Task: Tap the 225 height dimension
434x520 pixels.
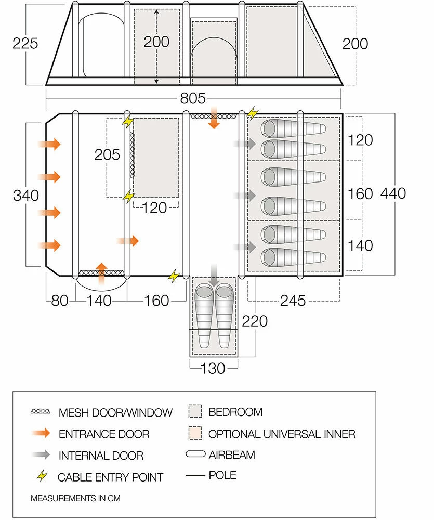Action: tap(25, 43)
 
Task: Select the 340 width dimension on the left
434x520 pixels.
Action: tap(26, 196)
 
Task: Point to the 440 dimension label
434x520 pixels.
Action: tap(393, 193)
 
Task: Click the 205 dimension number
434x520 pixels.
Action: tap(107, 154)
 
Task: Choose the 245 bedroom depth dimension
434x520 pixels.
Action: tap(293, 301)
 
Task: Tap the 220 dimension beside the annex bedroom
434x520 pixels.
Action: tap(255, 321)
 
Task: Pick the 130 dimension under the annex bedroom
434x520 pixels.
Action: tap(213, 368)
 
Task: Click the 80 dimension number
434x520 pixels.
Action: tap(60, 301)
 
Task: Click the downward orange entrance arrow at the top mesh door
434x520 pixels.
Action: tap(214, 119)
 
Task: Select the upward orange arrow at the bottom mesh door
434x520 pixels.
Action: tap(102, 271)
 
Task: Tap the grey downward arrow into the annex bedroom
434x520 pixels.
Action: tap(214, 274)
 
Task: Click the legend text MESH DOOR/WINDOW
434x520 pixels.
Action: tap(115, 413)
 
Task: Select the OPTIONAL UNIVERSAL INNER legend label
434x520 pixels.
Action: tap(282, 434)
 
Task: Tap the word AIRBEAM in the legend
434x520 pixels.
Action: tap(231, 455)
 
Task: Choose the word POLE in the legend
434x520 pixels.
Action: tap(222, 475)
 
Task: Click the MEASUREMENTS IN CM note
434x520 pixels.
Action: tap(75, 498)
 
